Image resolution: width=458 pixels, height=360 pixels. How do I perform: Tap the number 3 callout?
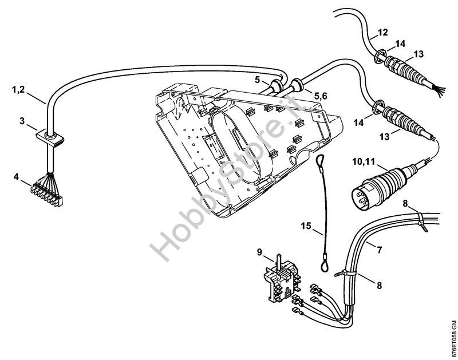22,121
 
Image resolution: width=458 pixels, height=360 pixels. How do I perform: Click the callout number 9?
259,251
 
